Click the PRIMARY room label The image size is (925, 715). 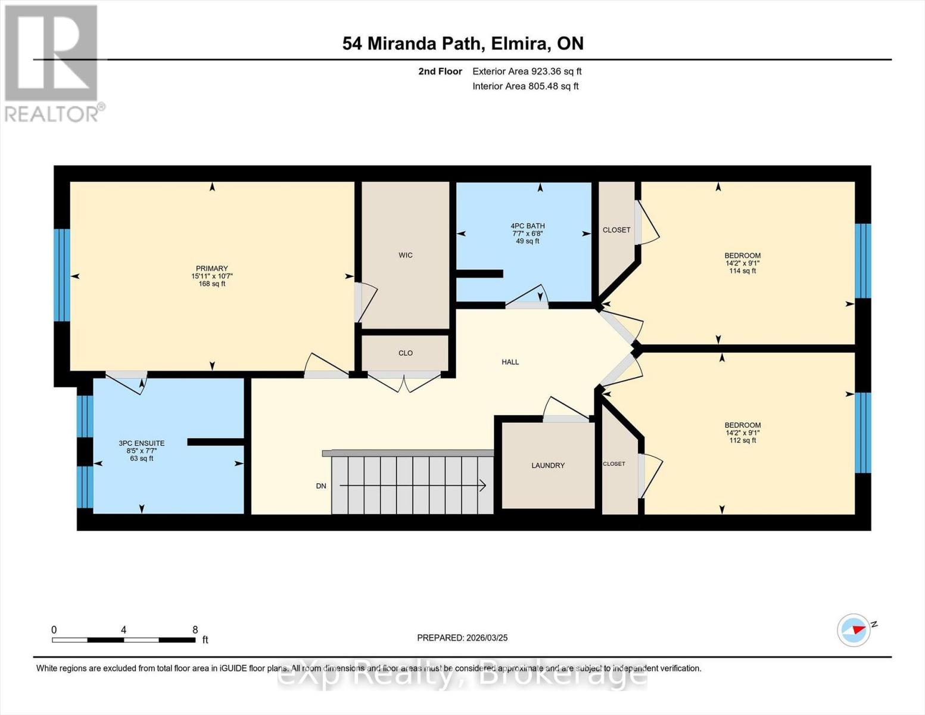click(x=211, y=269)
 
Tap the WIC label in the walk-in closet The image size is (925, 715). click(x=406, y=255)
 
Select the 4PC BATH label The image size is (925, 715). click(x=528, y=226)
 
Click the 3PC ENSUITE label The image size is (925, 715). click(x=142, y=443)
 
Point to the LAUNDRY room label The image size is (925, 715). click(x=548, y=465)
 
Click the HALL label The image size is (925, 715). click(x=510, y=362)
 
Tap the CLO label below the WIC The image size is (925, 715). click(x=406, y=353)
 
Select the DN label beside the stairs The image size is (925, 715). click(x=321, y=486)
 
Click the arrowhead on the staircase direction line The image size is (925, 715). click(x=482, y=486)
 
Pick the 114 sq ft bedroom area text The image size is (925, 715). click(x=743, y=271)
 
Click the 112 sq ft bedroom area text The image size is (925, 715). click(x=743, y=440)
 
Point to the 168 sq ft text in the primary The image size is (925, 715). click(x=211, y=284)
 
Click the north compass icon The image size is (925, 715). click(x=854, y=630)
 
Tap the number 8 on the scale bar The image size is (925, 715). click(x=195, y=630)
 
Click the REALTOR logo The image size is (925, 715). click(x=52, y=63)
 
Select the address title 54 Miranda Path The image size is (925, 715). click(x=463, y=43)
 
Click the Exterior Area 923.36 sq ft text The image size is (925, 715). click(x=527, y=71)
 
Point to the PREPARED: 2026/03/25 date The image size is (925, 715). click(x=462, y=638)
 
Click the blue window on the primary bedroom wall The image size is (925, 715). click(x=62, y=275)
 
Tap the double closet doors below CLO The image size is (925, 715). click(x=405, y=381)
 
